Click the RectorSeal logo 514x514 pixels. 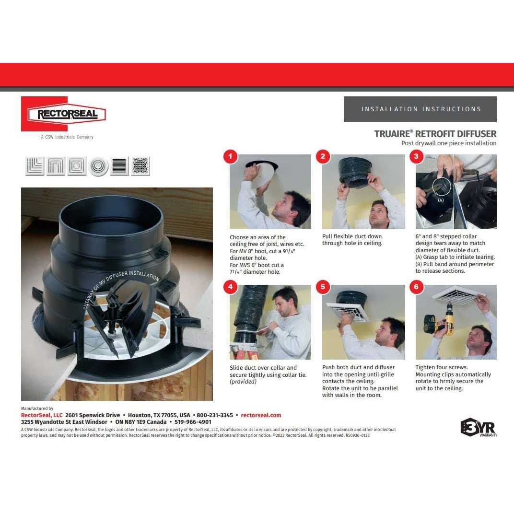click(64, 114)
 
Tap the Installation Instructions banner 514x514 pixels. click(420, 109)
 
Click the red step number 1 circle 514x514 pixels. click(230, 156)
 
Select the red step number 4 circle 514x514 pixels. click(230, 287)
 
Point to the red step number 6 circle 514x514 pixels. click(416, 287)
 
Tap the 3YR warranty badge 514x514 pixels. click(479, 428)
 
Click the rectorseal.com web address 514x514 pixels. click(261, 415)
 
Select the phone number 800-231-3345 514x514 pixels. click(215, 415)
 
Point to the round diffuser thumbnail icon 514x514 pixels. click(98, 166)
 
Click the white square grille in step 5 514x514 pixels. click(348, 311)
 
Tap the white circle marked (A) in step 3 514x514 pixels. click(441, 187)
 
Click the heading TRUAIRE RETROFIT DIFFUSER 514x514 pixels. click(435, 134)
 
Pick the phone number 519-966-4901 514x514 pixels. click(193, 422)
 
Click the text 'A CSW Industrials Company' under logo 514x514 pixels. click(67, 137)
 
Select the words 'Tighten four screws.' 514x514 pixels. click(442, 367)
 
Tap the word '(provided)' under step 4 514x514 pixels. click(243, 382)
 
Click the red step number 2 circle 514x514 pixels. click(323, 156)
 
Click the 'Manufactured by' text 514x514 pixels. click(37, 409)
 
